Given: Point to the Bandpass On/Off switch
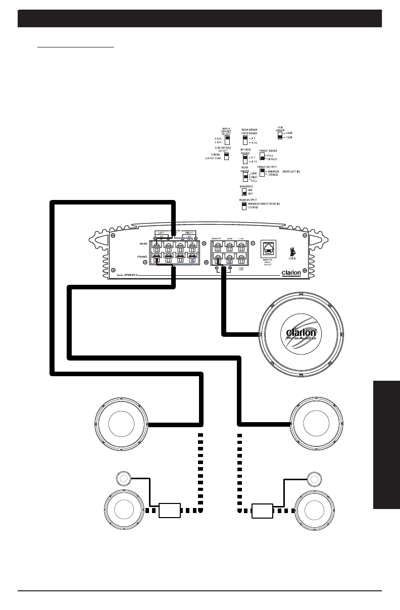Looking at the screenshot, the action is click(x=244, y=192).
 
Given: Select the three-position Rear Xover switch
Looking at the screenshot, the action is click(x=244, y=177).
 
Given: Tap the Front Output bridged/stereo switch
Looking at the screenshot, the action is click(x=263, y=172).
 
